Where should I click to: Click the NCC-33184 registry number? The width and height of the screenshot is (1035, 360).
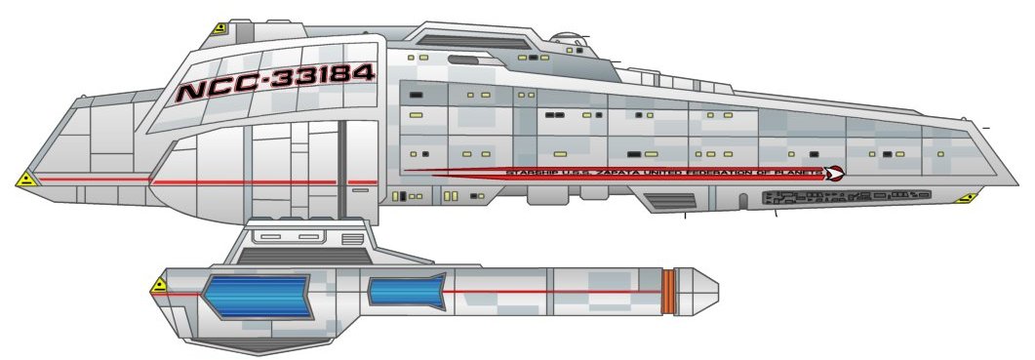pos(275,82)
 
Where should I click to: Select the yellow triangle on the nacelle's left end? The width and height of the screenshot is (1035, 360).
pos(159,286)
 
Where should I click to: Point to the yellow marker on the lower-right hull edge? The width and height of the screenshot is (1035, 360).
pos(966,198)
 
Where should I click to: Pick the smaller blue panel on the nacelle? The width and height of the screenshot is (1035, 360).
pos(407,290)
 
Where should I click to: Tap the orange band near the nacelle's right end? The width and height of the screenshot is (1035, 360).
pos(668,291)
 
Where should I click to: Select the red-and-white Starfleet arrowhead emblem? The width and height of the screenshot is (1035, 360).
pos(834,174)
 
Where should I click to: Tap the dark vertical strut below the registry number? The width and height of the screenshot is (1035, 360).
pos(342,166)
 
